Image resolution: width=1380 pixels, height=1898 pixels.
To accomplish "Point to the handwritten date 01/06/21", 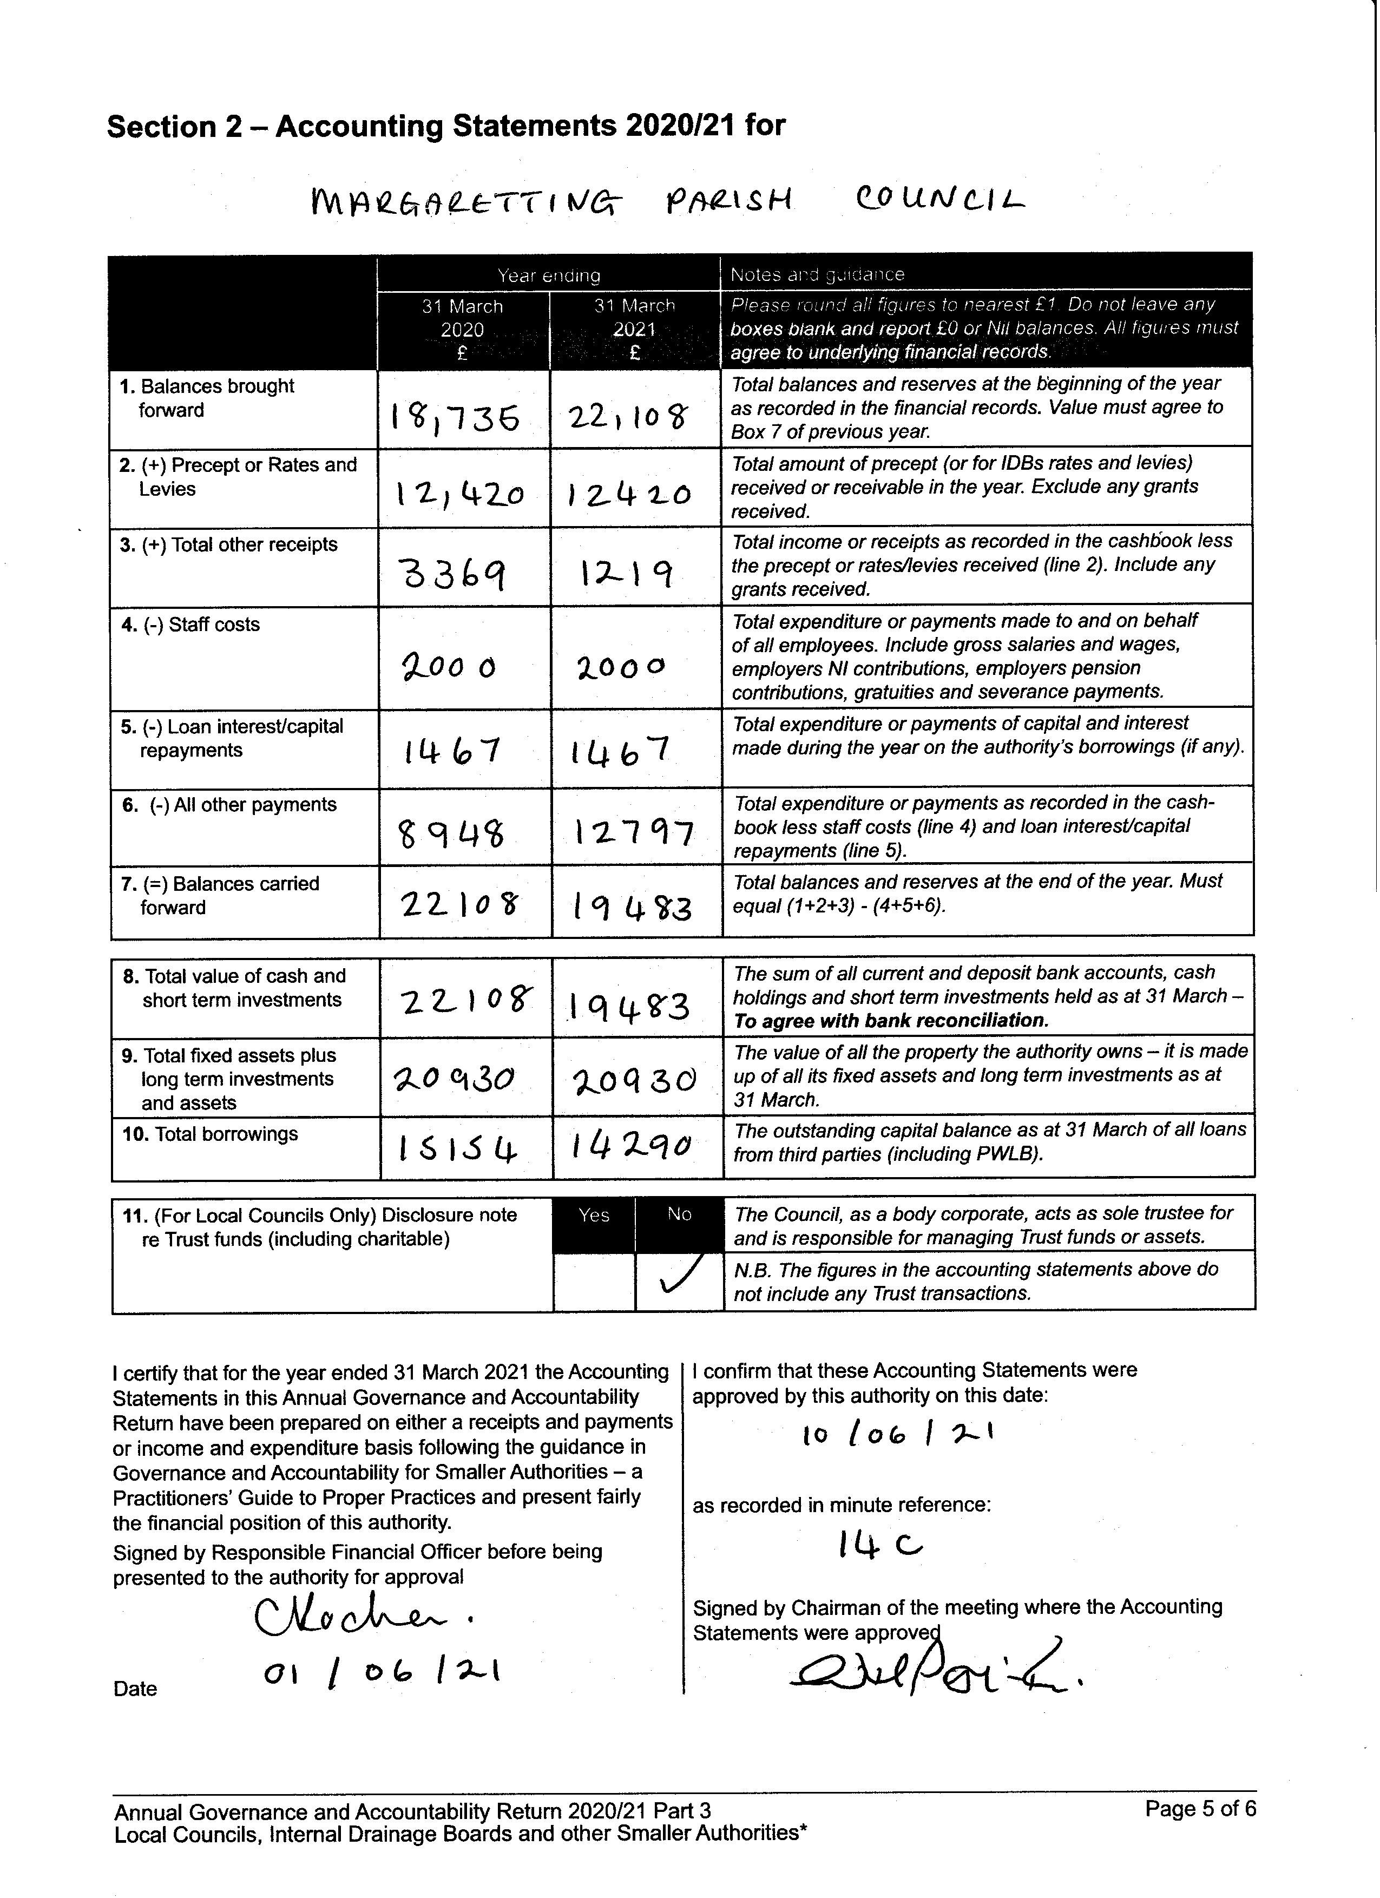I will coord(382,1674).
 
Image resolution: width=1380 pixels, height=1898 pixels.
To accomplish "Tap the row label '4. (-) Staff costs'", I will coord(190,625).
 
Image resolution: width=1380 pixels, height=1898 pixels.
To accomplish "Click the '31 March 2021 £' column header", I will coord(634,330).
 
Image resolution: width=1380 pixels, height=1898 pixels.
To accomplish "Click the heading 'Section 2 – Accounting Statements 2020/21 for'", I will coord(446,126).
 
